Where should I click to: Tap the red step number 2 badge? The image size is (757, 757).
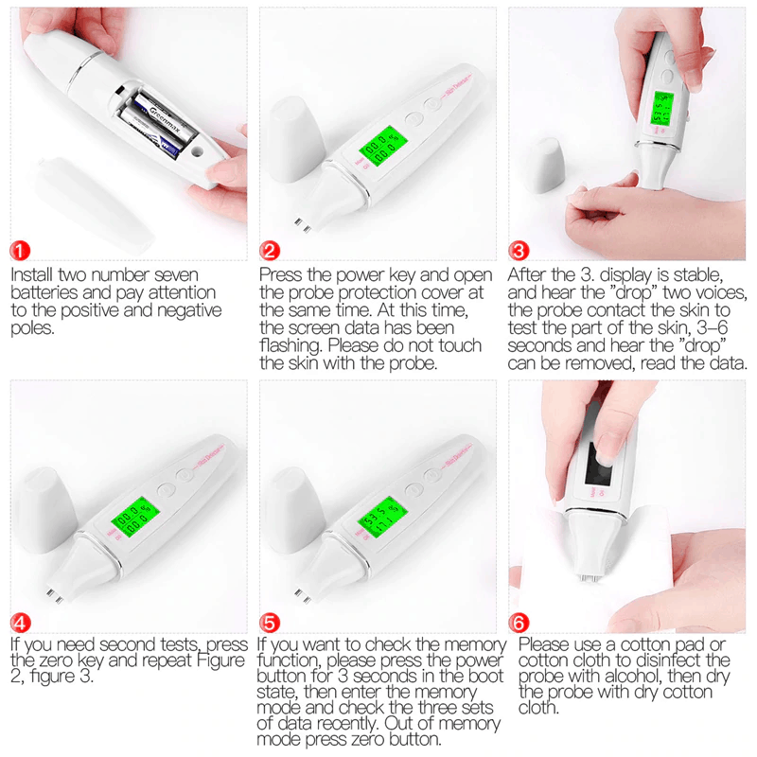(271, 251)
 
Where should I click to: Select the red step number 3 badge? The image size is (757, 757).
(519, 251)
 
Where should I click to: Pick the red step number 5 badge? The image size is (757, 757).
(271, 623)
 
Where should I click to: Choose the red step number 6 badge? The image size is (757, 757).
(519, 623)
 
